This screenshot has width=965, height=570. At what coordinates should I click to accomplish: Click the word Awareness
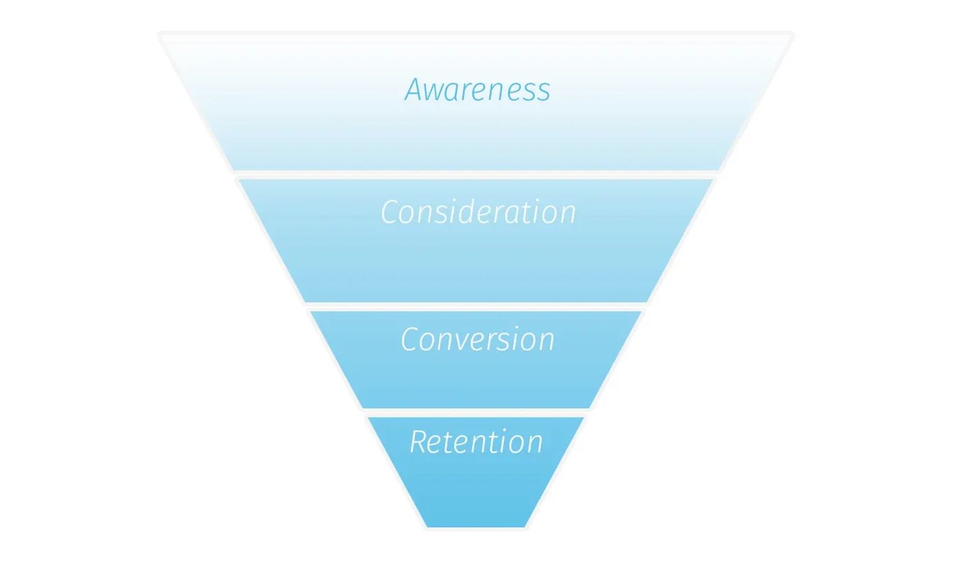(477, 90)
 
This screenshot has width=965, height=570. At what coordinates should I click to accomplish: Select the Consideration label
(478, 212)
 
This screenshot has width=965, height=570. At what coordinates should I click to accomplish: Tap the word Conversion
(478, 339)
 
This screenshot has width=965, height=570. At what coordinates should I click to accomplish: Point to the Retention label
(476, 442)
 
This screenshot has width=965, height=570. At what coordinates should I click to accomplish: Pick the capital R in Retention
(419, 442)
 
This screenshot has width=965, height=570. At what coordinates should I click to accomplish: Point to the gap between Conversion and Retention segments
(476, 412)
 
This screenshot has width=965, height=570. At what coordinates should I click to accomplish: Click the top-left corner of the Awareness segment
(161, 34)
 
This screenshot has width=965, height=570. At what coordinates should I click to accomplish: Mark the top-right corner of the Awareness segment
(792, 34)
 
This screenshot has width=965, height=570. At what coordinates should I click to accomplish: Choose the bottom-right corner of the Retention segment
(525, 527)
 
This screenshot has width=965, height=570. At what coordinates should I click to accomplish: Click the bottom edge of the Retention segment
(476, 527)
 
